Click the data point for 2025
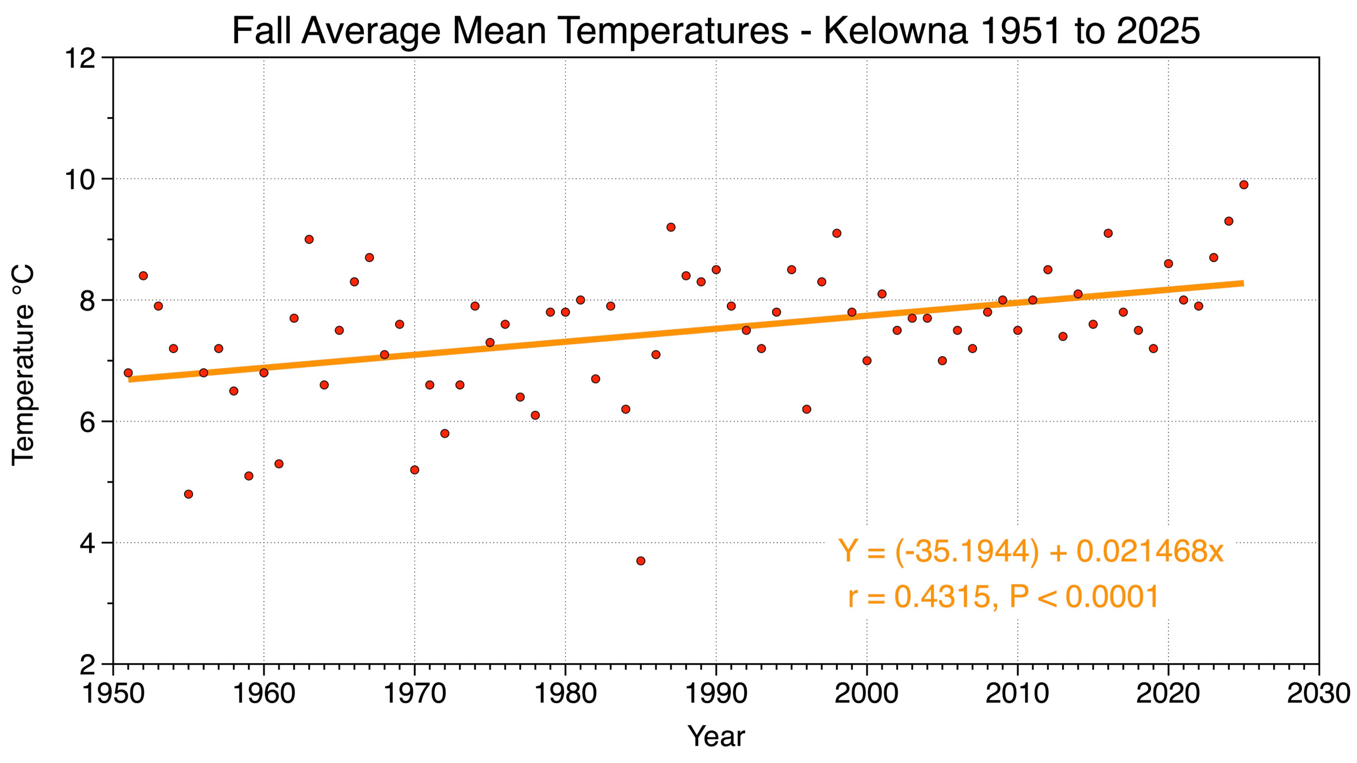(x=1244, y=185)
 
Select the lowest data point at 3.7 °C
(x=641, y=561)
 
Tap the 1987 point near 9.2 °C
(x=671, y=228)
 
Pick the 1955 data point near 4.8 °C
(x=189, y=494)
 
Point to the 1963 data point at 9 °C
(x=309, y=240)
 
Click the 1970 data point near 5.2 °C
(x=415, y=470)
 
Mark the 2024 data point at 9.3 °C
(x=1229, y=221)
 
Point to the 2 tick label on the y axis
(x=87, y=665)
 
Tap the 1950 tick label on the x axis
(x=113, y=694)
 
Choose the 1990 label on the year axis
(x=716, y=694)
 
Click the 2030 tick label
(x=1318, y=694)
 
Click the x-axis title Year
(x=716, y=737)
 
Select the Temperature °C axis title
(x=24, y=365)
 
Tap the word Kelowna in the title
(x=896, y=31)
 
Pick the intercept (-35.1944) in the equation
(x=968, y=552)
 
